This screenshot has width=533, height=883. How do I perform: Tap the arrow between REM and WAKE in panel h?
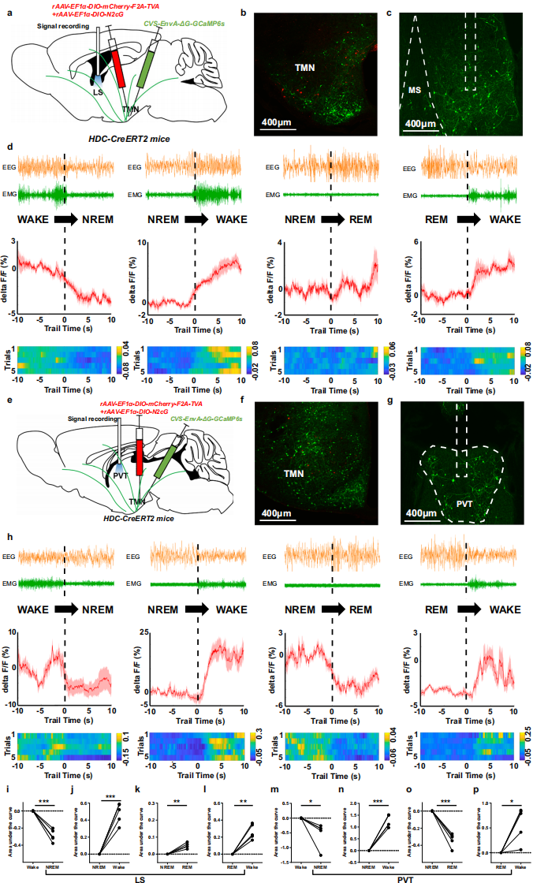pyautogui.click(x=467, y=609)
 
